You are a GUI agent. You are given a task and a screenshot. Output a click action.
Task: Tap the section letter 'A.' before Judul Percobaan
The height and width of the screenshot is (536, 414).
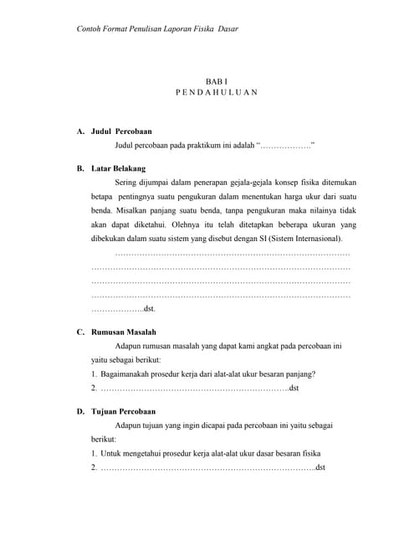(80, 131)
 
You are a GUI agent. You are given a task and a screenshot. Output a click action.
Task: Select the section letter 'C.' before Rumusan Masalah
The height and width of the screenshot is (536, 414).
(80, 332)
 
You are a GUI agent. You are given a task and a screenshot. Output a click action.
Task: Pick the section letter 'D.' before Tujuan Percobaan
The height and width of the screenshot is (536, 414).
(80, 411)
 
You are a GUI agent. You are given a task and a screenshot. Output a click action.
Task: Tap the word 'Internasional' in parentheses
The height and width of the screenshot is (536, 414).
(303, 239)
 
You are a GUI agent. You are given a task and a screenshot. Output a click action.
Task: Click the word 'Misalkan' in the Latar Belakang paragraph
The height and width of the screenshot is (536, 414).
(133, 209)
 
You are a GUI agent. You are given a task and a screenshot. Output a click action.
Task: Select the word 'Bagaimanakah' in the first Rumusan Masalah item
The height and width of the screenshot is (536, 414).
(127, 374)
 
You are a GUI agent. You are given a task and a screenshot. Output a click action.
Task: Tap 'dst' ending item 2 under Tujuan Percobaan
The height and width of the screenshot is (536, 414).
(320, 466)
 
